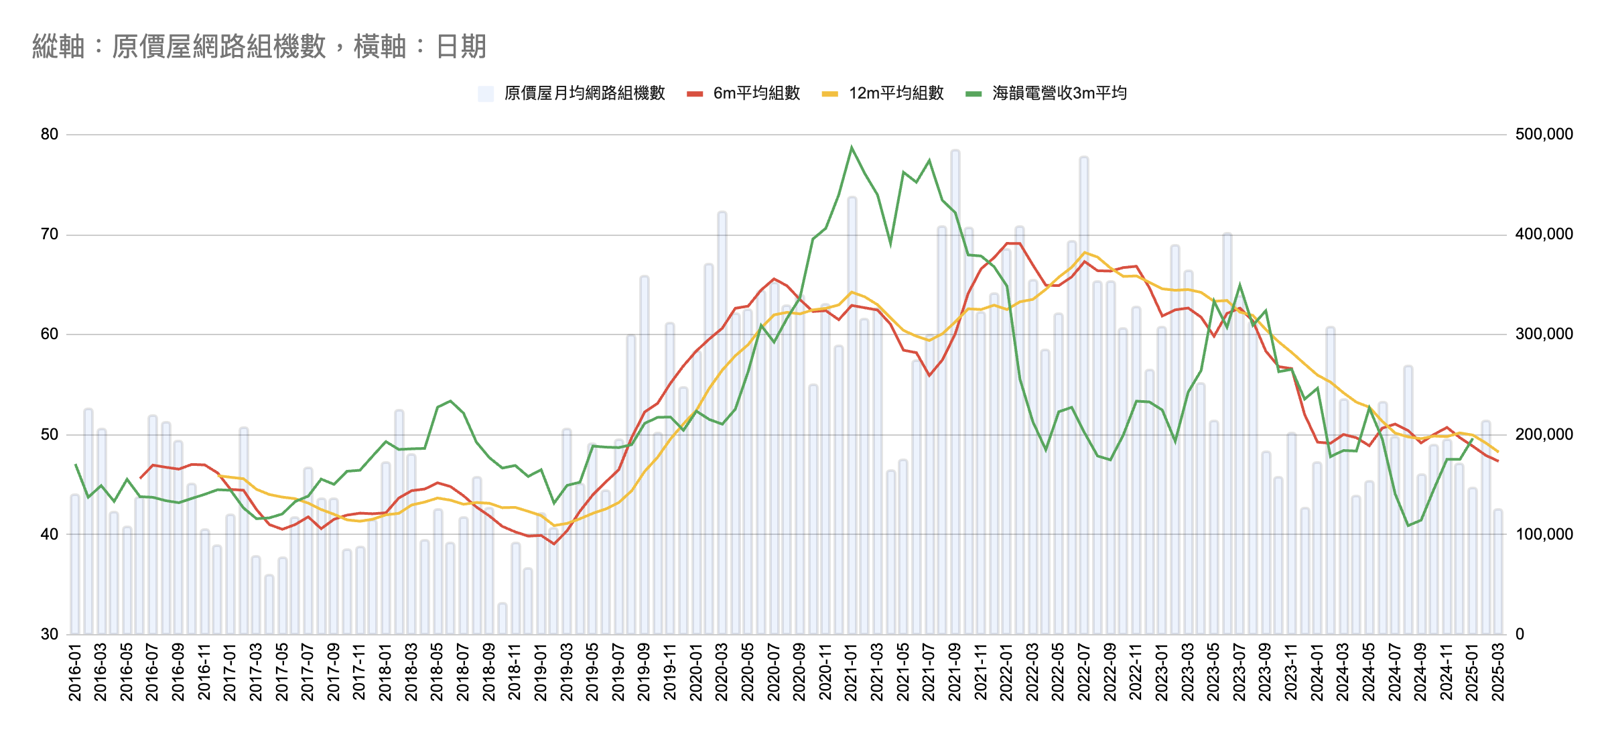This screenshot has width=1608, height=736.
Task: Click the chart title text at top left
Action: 259,47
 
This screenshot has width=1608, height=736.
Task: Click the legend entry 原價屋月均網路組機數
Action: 584,93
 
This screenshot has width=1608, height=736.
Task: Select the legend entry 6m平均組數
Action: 756,93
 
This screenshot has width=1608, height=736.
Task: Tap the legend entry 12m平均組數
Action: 896,93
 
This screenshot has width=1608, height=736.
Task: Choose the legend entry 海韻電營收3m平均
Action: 1059,93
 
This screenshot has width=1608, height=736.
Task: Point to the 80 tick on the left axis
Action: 50,134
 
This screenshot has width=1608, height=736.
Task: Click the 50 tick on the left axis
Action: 50,434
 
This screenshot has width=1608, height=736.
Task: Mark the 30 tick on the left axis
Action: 50,634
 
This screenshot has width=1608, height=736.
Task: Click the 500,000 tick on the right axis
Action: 1544,134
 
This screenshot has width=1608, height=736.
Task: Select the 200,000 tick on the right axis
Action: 1544,434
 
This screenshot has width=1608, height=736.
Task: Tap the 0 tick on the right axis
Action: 1520,634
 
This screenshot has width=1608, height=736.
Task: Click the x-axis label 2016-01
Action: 75,672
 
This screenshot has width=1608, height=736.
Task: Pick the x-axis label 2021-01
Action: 852,672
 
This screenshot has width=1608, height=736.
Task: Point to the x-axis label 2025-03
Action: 1498,672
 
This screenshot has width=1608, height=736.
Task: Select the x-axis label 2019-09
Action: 644,672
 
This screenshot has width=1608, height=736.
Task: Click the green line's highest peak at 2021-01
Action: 852,147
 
